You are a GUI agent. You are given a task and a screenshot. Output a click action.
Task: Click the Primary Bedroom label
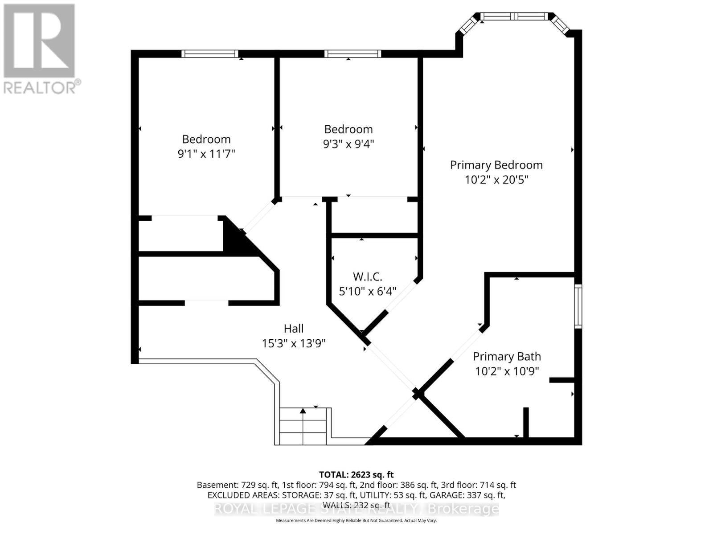coord(496,165)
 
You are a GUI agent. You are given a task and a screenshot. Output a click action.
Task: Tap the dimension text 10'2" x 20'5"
coord(496,180)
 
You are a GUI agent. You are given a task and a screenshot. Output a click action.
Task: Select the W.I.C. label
coord(367,277)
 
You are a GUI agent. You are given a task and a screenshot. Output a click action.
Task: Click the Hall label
coord(294,329)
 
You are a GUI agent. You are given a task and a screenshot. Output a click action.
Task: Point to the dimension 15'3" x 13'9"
coord(294,343)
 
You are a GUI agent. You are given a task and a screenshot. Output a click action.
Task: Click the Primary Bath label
coord(507,357)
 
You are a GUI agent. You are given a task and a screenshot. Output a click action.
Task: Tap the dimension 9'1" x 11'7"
coord(206,154)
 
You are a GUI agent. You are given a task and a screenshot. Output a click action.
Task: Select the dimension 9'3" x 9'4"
coord(348,144)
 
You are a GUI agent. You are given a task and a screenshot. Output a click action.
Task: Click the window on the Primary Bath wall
coord(578,306)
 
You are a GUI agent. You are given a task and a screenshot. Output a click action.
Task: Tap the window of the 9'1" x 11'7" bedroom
coord(210,53)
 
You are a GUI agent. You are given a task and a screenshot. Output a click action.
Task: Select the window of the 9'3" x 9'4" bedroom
coord(352,53)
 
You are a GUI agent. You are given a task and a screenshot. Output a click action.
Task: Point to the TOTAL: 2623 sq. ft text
coord(356,475)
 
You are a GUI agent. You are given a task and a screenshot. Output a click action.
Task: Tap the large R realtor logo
coord(39,40)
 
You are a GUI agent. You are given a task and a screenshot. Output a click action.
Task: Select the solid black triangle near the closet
coord(234,241)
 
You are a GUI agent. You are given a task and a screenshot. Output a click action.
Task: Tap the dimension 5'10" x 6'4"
coord(367,292)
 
